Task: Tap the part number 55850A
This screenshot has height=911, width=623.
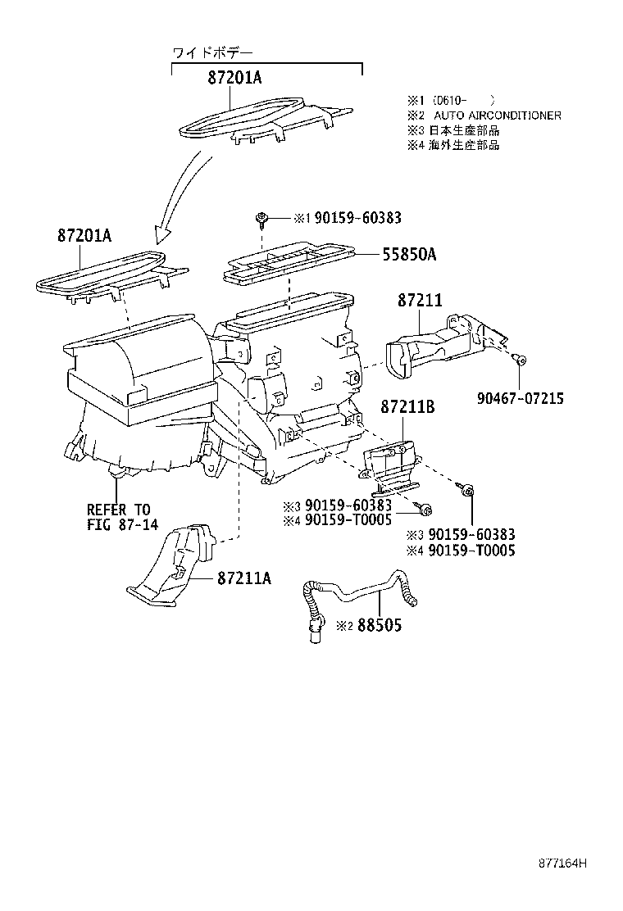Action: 408,255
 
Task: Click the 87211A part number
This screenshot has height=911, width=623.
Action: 244,578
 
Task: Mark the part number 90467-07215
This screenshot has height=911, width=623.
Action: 520,398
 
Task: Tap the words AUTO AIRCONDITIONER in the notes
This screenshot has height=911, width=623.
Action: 498,116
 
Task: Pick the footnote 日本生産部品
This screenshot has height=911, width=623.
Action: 466,130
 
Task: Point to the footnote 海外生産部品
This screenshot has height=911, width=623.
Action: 466,145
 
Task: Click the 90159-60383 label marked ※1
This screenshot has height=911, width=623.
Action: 358,218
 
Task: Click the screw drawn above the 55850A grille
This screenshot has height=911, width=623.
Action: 260,217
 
